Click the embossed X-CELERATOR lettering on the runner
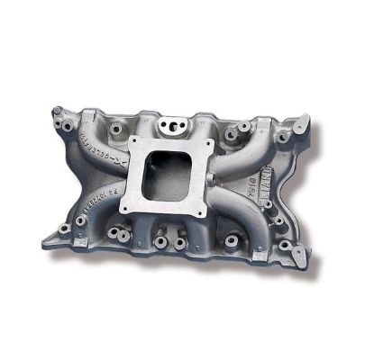pyautogui.click(x=101, y=144)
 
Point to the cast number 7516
pyautogui.click(x=251, y=180)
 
